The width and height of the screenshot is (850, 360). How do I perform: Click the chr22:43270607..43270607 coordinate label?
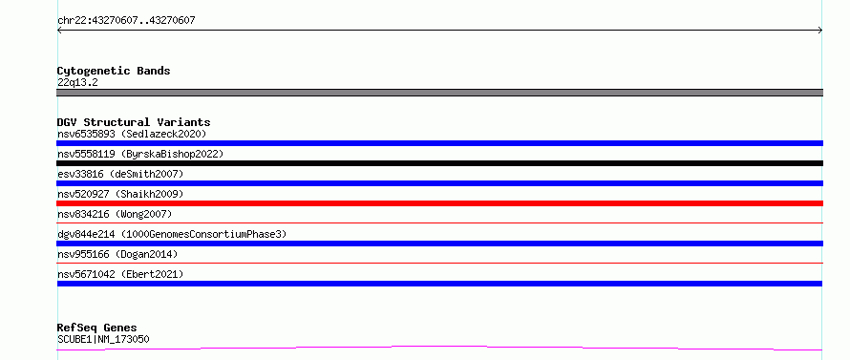(x=126, y=21)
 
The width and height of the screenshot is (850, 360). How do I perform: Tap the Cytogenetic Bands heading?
(x=114, y=71)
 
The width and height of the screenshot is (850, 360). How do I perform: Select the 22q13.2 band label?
(x=77, y=83)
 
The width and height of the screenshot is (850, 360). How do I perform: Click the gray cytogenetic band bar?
(x=439, y=93)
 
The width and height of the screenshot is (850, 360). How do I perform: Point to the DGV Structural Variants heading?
(x=134, y=122)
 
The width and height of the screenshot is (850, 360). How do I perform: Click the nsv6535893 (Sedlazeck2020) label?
(x=132, y=134)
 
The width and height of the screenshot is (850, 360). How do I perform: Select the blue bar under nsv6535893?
(x=439, y=143)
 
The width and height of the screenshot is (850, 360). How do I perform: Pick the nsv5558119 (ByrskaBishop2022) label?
(x=140, y=154)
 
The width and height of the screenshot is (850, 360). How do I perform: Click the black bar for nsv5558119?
(x=439, y=163)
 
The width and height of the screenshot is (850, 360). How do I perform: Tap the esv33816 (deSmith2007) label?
(x=120, y=174)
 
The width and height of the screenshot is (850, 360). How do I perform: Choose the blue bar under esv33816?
(x=439, y=183)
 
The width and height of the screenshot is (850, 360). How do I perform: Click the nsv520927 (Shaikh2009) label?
(x=120, y=194)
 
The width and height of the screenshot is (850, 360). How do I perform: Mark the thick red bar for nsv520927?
(x=439, y=203)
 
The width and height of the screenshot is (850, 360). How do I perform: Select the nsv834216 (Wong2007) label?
(x=115, y=214)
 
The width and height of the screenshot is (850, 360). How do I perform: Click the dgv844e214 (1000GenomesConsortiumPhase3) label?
(x=172, y=234)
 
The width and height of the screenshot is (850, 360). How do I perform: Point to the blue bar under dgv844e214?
(x=439, y=244)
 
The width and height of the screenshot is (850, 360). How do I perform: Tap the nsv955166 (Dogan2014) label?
(x=117, y=254)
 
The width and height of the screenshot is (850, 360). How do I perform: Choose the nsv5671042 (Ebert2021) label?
(x=120, y=274)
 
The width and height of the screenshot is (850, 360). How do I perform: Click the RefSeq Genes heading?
(x=97, y=328)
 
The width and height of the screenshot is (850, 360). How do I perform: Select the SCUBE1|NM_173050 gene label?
(x=103, y=339)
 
